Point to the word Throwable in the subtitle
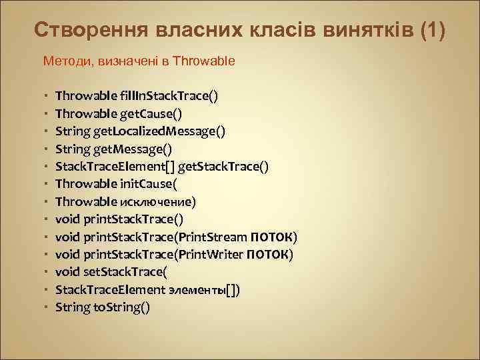(x=203, y=61)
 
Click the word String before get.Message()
(x=69, y=149)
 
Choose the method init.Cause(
(x=146, y=184)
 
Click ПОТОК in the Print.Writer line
(x=269, y=255)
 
